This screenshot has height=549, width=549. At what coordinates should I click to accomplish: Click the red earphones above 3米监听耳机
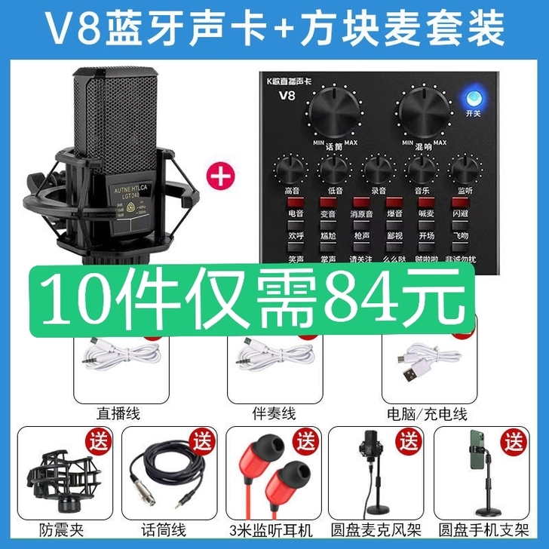coord(273,480)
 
